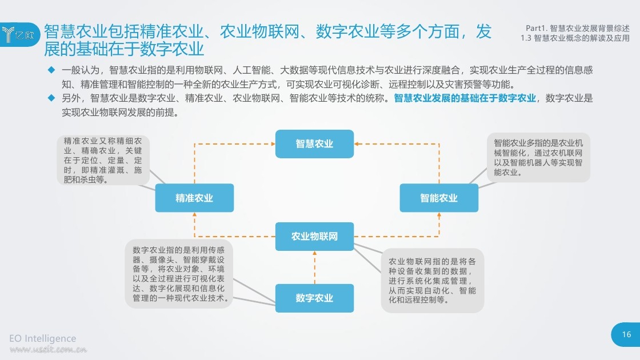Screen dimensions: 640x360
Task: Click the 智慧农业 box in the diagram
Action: click(314, 143)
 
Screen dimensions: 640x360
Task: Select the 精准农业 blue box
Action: click(194, 198)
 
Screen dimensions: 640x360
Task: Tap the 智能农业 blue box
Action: click(439, 198)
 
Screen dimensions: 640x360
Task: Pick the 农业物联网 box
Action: click(314, 237)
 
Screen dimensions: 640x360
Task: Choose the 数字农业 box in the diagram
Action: click(314, 298)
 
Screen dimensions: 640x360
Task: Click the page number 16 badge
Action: click(626, 335)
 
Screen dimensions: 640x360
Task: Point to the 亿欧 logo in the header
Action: click(19, 35)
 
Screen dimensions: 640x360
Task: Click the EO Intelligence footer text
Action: click(42, 338)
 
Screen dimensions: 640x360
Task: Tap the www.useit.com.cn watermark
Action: click(48, 349)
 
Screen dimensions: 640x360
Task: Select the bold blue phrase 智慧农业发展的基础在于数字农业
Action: click(465, 98)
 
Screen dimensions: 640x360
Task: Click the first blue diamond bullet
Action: click(51, 70)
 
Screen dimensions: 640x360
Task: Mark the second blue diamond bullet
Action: click(51, 98)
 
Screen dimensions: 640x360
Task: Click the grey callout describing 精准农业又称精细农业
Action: click(103, 160)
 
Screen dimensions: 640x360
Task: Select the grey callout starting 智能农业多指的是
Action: click(538, 158)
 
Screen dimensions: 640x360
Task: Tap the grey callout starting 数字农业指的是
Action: click(179, 274)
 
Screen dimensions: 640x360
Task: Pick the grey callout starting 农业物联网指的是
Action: click(432, 281)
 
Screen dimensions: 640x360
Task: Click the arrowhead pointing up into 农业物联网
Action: click(315, 253)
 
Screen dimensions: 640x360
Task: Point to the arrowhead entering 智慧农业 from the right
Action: click(357, 143)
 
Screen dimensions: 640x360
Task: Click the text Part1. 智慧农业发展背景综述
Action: click(578, 28)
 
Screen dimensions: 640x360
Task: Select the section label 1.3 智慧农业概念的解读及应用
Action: click(575, 38)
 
